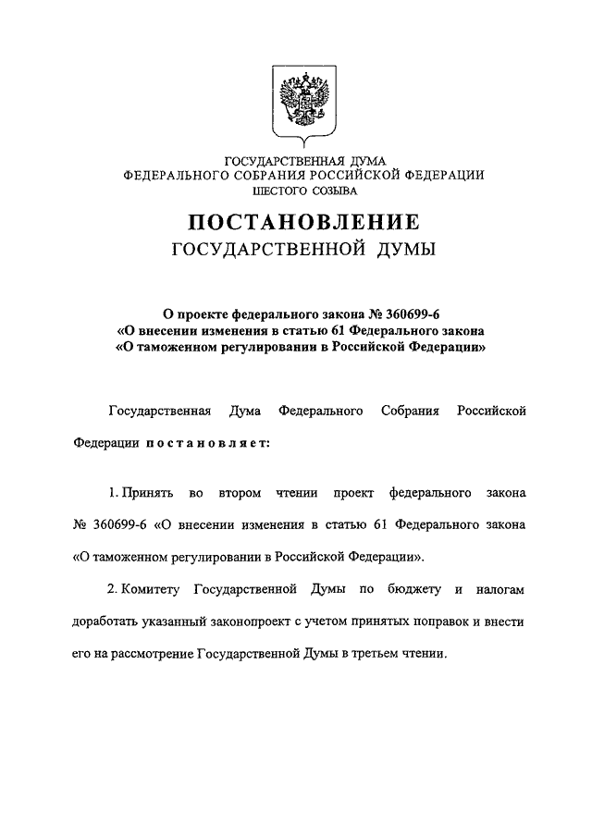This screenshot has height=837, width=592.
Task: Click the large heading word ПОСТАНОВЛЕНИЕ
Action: (304, 222)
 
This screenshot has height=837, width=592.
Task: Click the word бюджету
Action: (408, 589)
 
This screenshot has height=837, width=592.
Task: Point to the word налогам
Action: (498, 589)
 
